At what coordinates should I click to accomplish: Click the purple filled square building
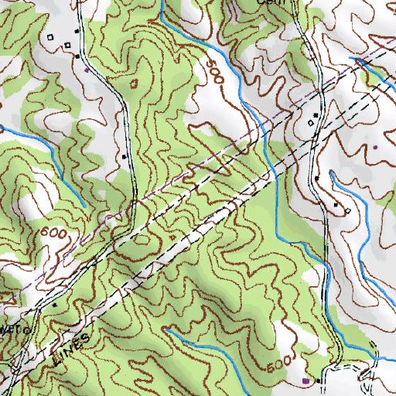(306, 381)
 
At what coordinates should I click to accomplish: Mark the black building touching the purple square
(317, 381)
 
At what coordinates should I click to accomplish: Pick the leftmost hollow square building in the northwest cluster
(51, 37)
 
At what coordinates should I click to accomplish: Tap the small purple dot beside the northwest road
(86, 70)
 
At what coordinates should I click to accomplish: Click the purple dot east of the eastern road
(375, 145)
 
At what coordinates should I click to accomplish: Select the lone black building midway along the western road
(125, 157)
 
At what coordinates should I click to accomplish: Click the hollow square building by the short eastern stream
(347, 211)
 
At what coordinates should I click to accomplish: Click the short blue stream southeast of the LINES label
(201, 344)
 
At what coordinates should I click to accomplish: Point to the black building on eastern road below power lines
(317, 178)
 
